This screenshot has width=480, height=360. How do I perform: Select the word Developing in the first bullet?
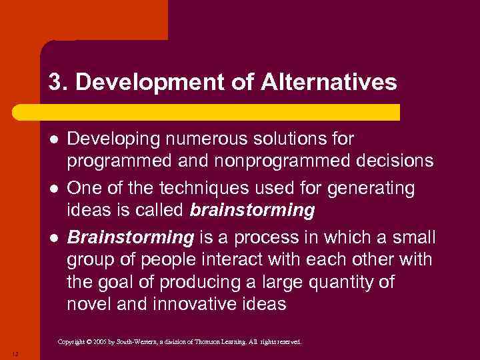pyautogui.click(x=109, y=139)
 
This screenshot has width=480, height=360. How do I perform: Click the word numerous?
pyautogui.click(x=196, y=139)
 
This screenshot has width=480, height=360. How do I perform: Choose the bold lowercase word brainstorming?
pyautogui.click(x=252, y=211)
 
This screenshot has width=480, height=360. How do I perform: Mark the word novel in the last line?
pyautogui.click(x=89, y=305)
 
